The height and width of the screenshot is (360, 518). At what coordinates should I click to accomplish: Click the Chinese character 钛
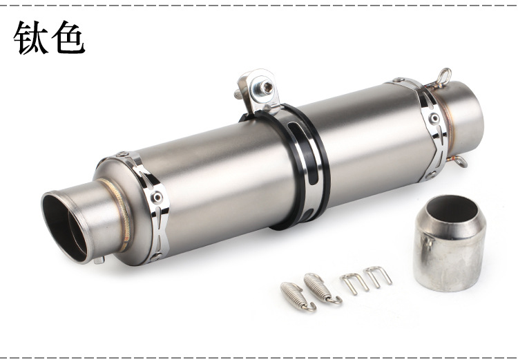[30, 37]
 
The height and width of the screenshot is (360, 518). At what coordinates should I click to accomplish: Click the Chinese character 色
[68, 37]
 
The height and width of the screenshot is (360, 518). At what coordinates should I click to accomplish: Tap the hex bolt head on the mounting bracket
[266, 88]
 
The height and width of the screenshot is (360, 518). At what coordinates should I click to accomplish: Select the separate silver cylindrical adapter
[450, 243]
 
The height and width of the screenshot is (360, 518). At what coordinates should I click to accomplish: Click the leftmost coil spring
[297, 296]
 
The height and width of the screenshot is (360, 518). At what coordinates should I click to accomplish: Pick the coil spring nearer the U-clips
[322, 288]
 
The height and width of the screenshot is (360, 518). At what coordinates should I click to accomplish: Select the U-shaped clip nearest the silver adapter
[378, 276]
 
